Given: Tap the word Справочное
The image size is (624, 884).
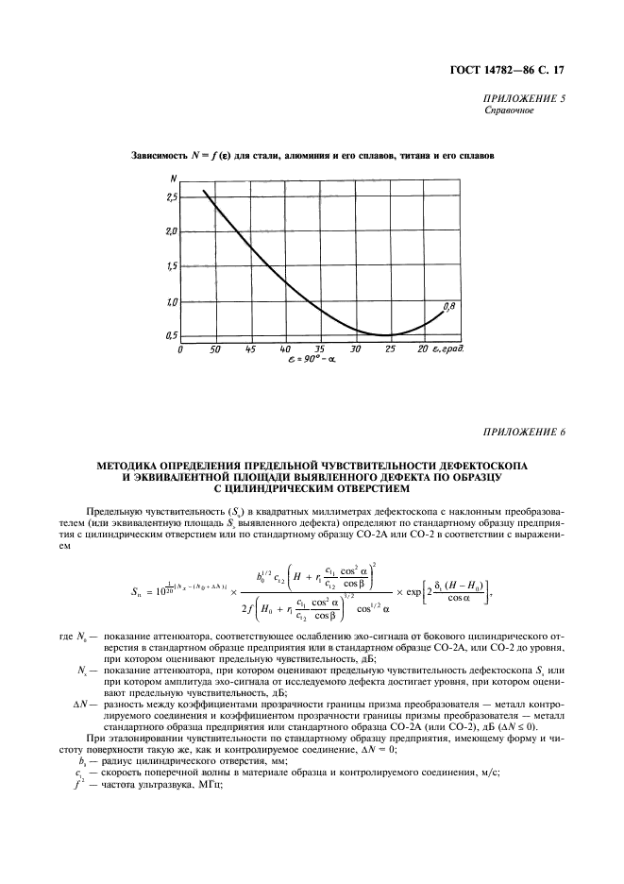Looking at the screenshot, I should (x=509, y=110).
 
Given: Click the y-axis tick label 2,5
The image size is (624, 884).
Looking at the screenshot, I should (x=171, y=197).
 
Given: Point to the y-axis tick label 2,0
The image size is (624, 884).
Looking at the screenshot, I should (x=171, y=232).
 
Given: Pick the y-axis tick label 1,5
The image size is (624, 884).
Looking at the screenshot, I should (x=171, y=267).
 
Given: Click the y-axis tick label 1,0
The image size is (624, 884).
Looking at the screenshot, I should (x=171, y=302).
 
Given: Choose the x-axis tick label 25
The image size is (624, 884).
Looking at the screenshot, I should (x=389, y=349).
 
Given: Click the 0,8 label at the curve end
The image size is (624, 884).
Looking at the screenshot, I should (x=449, y=306).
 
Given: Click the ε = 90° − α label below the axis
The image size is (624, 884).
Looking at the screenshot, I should (x=311, y=361).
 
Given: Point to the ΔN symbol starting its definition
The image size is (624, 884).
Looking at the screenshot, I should (x=79, y=705).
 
